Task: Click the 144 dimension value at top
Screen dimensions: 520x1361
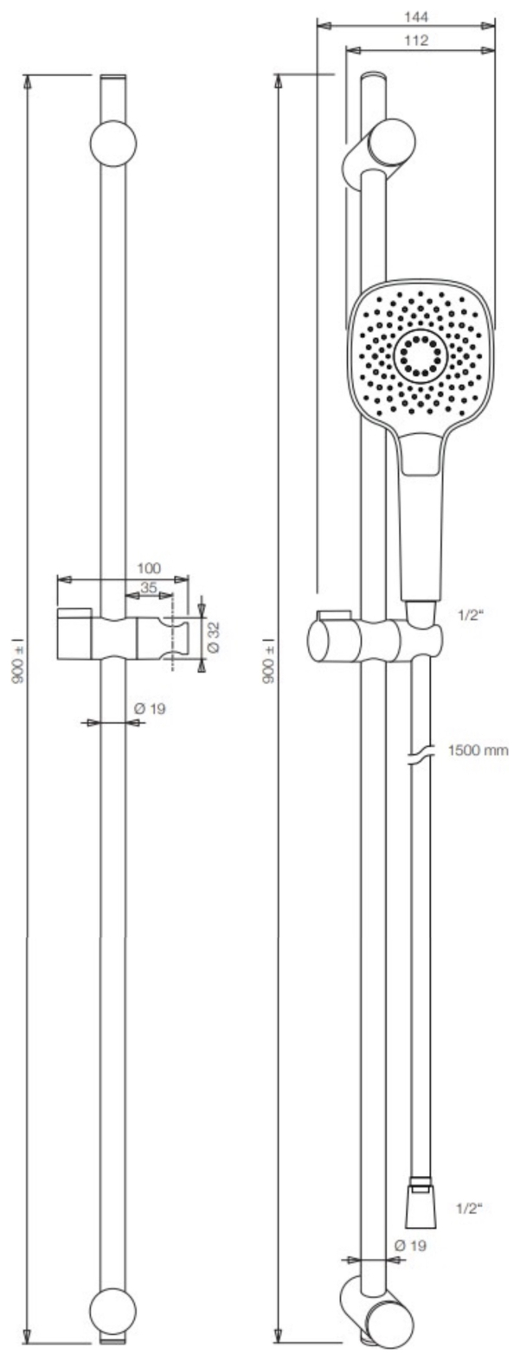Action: [x=416, y=17]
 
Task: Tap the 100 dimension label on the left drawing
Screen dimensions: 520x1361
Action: [x=149, y=568]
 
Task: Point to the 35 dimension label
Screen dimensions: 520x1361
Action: [x=149, y=587]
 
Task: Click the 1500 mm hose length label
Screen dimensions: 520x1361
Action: [x=478, y=751]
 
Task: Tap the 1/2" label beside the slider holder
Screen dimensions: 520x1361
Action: [x=470, y=615]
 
